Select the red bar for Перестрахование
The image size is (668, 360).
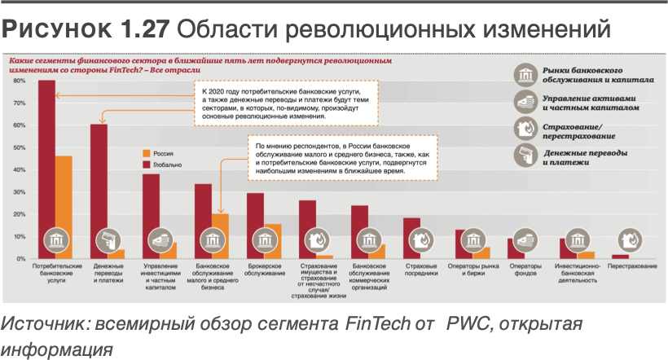point(620,257)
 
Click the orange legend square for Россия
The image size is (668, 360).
point(147,153)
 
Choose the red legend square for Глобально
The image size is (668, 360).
point(147,165)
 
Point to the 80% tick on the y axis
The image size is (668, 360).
point(19,81)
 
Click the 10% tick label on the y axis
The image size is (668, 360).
point(19,236)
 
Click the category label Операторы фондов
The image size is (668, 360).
point(526,270)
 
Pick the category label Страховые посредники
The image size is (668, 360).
point(420,270)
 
